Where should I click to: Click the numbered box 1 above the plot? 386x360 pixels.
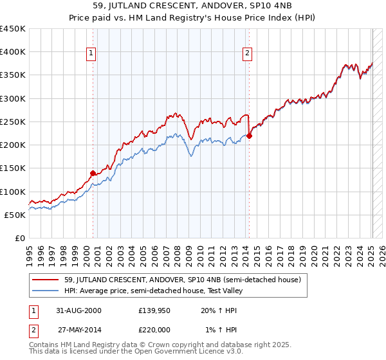[x=91, y=53]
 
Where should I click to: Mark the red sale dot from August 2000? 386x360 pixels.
[x=93, y=173]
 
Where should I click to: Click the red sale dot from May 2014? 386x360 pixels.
[x=250, y=136]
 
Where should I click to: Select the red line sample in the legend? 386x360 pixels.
[x=46, y=280]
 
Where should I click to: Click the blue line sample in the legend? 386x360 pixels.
[x=46, y=291]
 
